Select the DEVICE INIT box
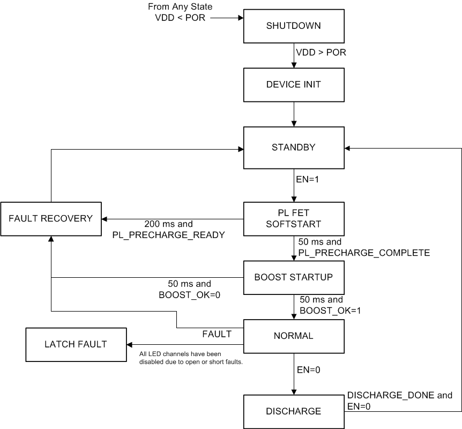294,85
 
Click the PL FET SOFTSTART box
294,219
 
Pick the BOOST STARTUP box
294,277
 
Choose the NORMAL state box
294,336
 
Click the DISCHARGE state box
294,411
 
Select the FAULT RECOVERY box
50,219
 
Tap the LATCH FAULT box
76,344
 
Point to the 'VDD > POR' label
321,53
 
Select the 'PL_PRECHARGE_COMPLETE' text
364,253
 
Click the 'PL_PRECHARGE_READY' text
169,234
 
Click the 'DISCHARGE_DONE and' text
400,396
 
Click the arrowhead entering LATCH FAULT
129,344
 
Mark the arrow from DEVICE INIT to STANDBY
294,115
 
